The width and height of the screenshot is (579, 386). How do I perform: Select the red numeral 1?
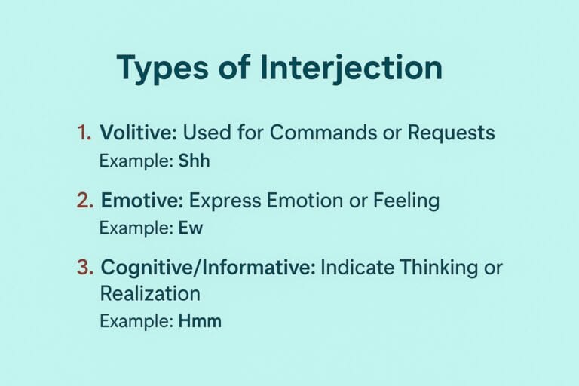pos(84,133)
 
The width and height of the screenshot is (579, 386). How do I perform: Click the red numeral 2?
pos(84,201)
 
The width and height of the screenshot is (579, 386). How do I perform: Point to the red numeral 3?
pos(84,267)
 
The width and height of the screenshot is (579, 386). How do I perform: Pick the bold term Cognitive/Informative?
pos(208,267)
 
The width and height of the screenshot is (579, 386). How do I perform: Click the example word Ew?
pos(191,228)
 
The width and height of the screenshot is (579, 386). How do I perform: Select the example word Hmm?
pos(200,321)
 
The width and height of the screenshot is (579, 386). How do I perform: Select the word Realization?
pos(150,293)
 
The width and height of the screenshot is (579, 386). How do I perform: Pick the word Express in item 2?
pos(225,201)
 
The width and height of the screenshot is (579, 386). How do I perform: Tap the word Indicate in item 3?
pos(357,267)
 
